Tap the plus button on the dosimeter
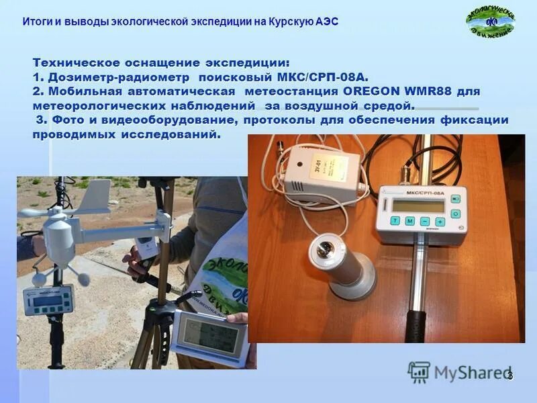[440, 222]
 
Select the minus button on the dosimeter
[425, 221]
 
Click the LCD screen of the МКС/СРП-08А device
[419, 204]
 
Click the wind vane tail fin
[95, 191]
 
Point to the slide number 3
[510, 375]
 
